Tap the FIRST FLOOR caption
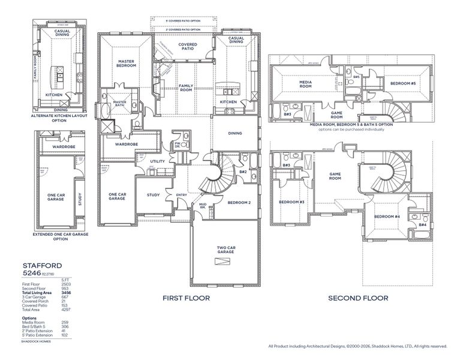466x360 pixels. (185, 298)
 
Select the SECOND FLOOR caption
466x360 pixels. (359, 298)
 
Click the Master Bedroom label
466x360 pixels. (127, 63)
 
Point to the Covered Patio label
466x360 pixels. (184, 47)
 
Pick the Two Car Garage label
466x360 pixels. (225, 250)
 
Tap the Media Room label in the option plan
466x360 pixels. (309, 83)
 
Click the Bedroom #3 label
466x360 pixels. (292, 202)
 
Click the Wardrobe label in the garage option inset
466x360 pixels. (63, 146)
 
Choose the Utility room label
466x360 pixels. (157, 161)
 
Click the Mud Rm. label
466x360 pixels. (203, 206)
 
